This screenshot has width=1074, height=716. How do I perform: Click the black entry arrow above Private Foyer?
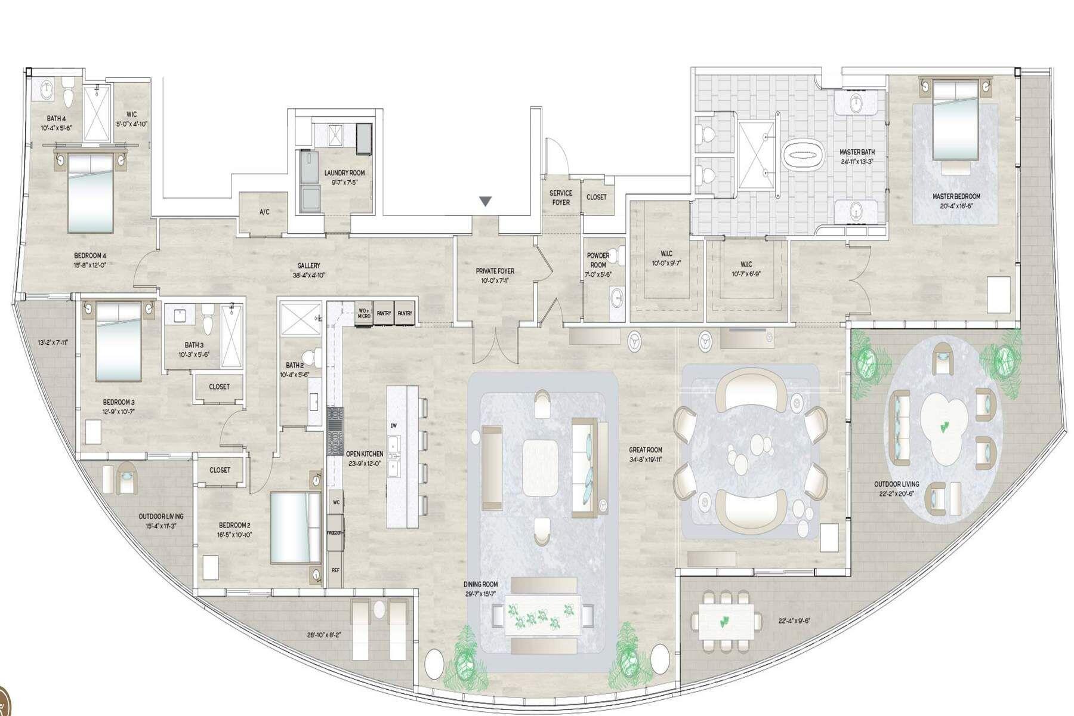tap(486, 202)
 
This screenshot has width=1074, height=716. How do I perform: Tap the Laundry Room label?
tap(344, 173)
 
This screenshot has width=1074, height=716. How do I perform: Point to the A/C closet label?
tap(264, 212)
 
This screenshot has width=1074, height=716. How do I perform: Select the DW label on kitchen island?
tap(393, 425)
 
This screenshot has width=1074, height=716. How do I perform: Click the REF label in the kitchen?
tap(335, 570)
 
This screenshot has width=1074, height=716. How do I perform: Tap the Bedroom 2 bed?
tap(295, 527)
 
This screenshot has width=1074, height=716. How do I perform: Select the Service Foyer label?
tap(560, 197)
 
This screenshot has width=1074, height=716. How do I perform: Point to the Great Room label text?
tap(645, 450)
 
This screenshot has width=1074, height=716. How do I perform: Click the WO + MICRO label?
tap(363, 313)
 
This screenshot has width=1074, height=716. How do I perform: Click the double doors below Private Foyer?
tap(494, 345)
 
